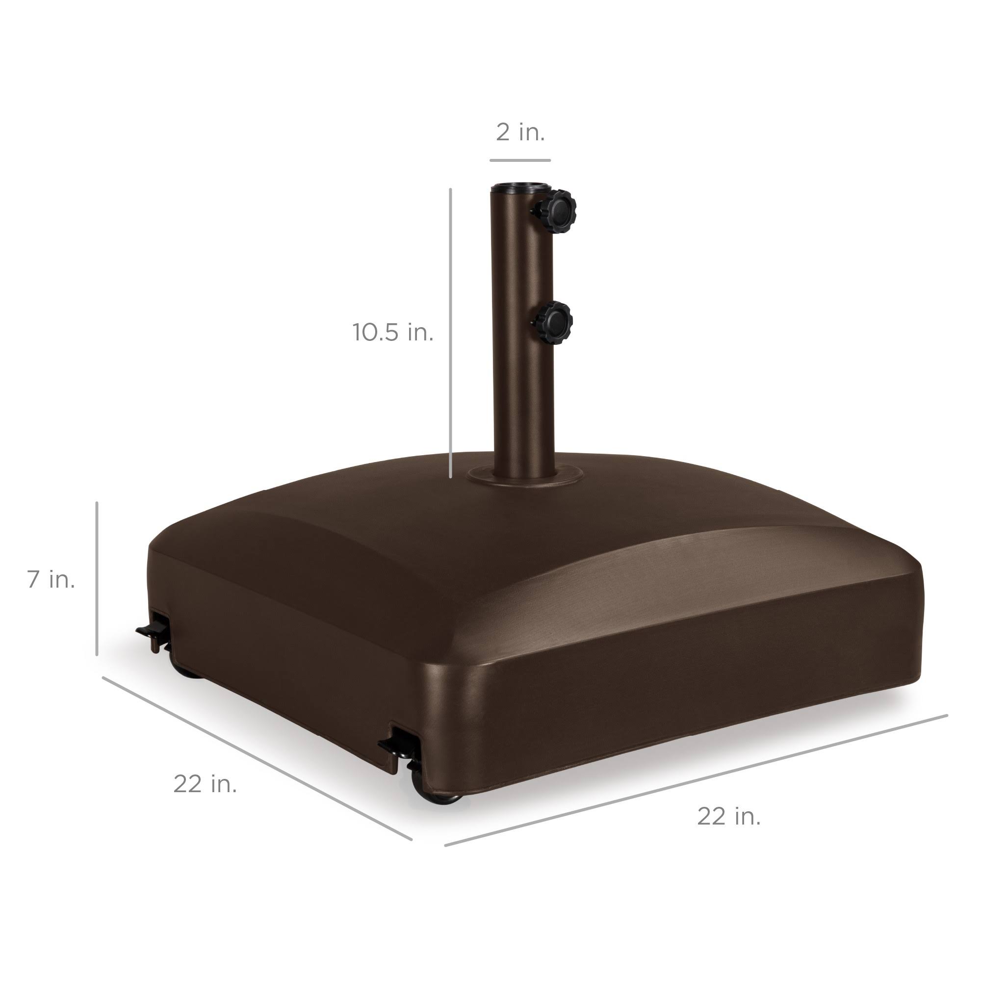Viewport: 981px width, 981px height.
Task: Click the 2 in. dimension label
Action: pos(520,133)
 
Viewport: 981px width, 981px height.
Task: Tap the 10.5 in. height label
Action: pos(393,333)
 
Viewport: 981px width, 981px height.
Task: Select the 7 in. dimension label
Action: pos(52,579)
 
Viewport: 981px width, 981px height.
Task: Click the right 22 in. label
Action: pos(729,817)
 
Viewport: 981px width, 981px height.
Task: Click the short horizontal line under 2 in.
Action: pos(520,160)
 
